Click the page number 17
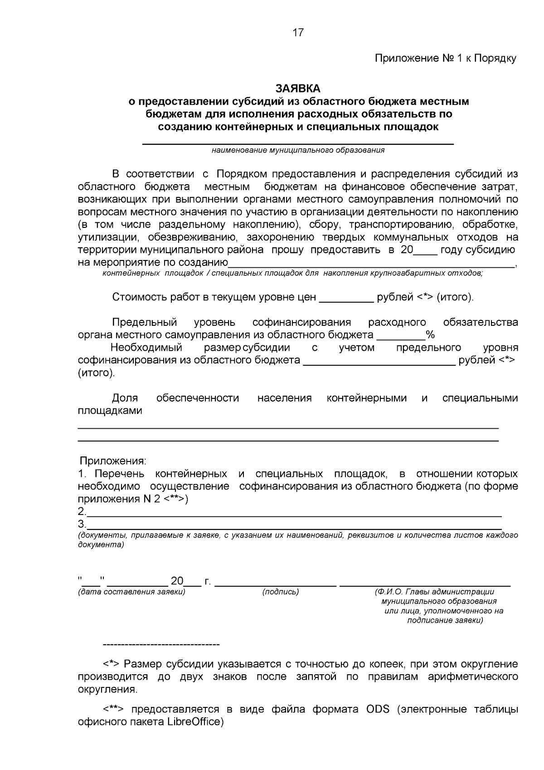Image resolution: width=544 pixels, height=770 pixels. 298,32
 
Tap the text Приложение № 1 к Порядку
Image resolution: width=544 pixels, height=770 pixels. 445,59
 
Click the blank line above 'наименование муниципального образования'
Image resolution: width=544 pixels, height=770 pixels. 298,143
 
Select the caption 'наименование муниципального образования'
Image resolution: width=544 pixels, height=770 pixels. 298,150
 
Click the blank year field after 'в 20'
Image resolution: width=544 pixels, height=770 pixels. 425,251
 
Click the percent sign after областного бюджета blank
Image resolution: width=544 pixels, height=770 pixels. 430,335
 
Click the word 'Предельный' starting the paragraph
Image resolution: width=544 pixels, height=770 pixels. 144,322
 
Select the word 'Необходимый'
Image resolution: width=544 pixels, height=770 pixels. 146,348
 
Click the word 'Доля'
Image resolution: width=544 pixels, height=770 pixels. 125,398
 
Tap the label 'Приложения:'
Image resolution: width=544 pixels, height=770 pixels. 113,461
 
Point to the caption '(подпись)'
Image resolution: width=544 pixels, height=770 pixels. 281,592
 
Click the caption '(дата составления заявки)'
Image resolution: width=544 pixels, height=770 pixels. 131,592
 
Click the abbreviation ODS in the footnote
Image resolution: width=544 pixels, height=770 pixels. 378,709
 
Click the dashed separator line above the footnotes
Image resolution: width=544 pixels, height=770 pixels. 161,644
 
